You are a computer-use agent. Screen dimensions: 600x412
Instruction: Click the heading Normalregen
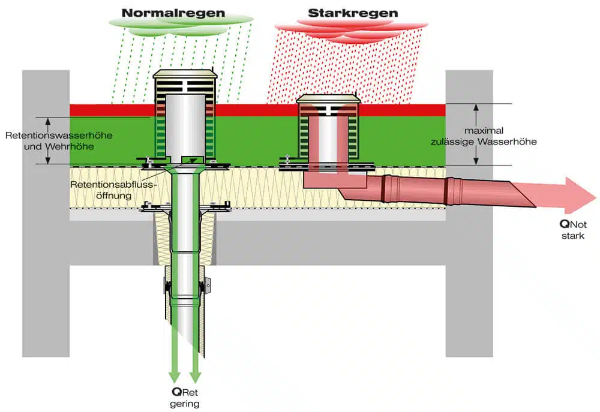[173, 13]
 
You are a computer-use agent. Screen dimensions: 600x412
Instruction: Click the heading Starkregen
[353, 13]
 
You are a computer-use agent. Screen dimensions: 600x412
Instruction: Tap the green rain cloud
[181, 25]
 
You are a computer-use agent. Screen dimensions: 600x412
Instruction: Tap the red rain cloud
[351, 31]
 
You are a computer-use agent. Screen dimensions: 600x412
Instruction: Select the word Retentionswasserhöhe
[59, 136]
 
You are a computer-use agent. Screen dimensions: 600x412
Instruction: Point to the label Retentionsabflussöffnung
[113, 190]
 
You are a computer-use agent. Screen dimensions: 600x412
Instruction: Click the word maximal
[484, 131]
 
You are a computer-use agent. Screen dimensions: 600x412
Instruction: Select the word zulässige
[453, 142]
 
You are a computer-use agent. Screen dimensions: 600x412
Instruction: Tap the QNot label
[573, 224]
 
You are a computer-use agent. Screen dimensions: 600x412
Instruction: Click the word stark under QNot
[573, 236]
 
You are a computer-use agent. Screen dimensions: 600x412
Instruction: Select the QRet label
[185, 392]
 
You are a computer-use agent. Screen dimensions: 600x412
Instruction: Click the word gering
[185, 404]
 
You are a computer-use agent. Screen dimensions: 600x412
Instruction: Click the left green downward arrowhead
[175, 377]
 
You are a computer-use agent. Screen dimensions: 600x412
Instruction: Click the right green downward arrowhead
[195, 377]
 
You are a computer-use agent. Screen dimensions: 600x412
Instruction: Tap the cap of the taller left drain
[185, 74]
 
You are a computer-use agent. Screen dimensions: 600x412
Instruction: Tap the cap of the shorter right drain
[328, 99]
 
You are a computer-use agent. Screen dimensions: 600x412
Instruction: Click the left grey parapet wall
[46, 213]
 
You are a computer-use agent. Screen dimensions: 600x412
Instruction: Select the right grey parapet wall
[469, 213]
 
